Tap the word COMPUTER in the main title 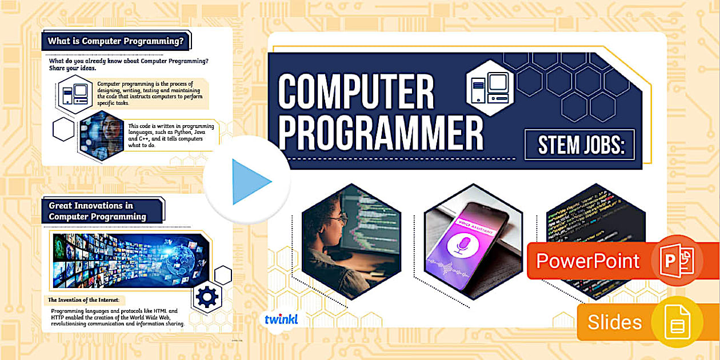pyautogui.click(x=355, y=93)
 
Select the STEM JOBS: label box pyautogui.click(x=579, y=145)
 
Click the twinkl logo pyautogui.click(x=281, y=319)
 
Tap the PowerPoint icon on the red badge pyautogui.click(x=677, y=260)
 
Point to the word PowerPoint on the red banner pyautogui.click(x=587, y=261)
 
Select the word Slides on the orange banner pyautogui.click(x=614, y=322)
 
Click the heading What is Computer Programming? pyautogui.click(x=115, y=41)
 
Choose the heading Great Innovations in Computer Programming pyautogui.click(x=98, y=211)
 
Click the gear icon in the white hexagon pyautogui.click(x=207, y=297)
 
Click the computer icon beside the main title pyautogui.click(x=486, y=87)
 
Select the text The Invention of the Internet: pyautogui.click(x=86, y=300)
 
